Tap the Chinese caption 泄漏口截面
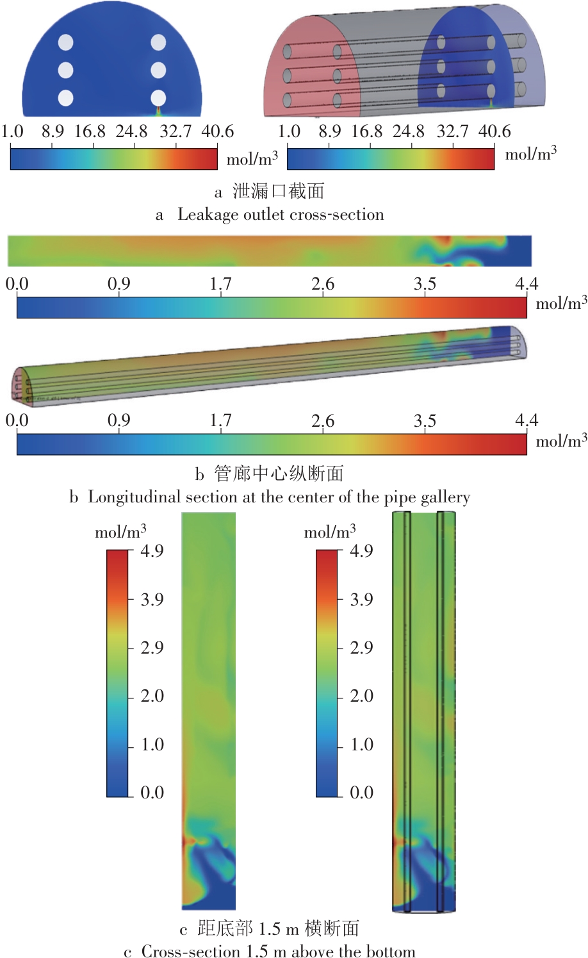click(x=278, y=191)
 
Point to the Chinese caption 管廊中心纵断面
click(x=279, y=474)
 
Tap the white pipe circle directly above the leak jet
click(x=158, y=98)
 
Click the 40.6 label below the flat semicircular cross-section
click(x=218, y=132)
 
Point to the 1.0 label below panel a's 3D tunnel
click(x=289, y=132)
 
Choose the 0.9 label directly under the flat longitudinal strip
click(x=118, y=284)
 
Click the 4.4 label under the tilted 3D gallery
click(x=527, y=421)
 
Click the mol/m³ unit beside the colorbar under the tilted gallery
click(x=561, y=441)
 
